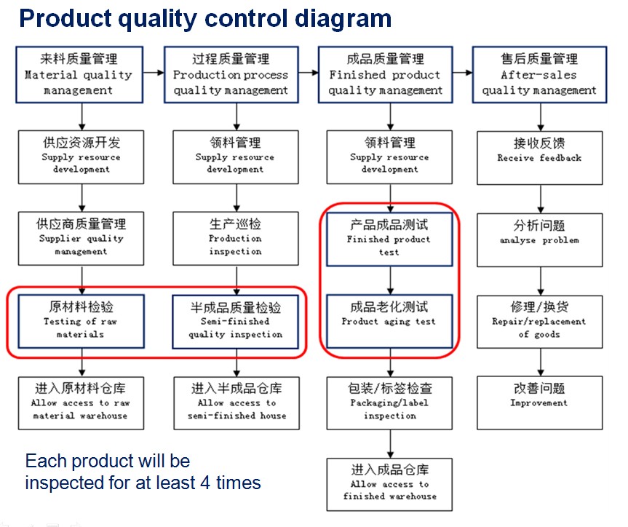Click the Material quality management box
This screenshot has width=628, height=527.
click(x=82, y=74)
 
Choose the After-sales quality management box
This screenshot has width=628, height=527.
click(x=539, y=74)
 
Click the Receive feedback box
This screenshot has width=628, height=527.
click(x=539, y=156)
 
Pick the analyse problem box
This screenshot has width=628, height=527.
click(x=539, y=239)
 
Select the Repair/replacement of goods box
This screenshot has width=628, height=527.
click(x=539, y=321)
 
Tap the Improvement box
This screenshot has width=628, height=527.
click(x=539, y=402)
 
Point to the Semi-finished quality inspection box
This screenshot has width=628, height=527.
click(x=235, y=321)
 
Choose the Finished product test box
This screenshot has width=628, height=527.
click(x=389, y=239)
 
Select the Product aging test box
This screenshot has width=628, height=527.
click(x=389, y=321)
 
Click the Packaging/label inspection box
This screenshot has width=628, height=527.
click(x=389, y=402)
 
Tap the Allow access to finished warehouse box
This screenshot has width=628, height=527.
click(x=389, y=483)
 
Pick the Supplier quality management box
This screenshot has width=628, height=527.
click(x=82, y=239)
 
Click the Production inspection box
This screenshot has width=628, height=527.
click(x=235, y=239)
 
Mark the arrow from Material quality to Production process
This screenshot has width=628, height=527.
click(x=154, y=73)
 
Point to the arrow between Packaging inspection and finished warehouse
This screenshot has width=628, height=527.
click(x=390, y=443)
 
